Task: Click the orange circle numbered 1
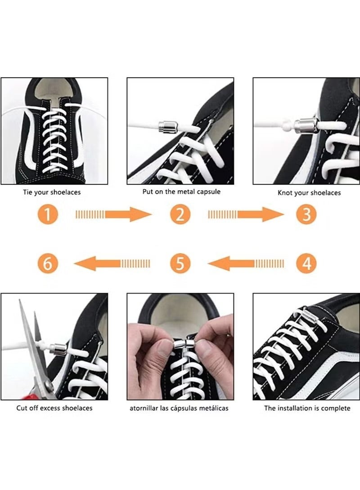(48, 214)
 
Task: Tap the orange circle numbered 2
(180, 214)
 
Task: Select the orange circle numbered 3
(306, 214)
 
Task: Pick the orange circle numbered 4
(306, 263)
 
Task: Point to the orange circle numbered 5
(180, 263)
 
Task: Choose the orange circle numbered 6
(48, 263)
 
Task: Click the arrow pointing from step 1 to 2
(114, 214)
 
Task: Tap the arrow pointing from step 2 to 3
(246, 214)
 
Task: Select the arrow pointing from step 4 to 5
(246, 263)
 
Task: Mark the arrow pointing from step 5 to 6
(112, 263)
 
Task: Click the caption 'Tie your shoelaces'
(52, 192)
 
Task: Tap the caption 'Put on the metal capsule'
(181, 192)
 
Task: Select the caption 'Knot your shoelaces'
(309, 193)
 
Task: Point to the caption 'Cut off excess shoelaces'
(54, 408)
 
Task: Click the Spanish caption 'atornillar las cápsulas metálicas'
(179, 408)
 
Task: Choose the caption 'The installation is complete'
(307, 408)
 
